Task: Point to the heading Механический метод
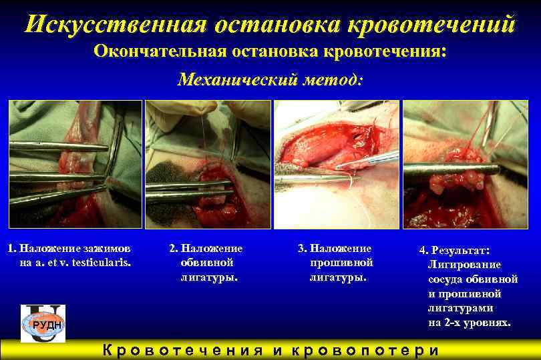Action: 270,80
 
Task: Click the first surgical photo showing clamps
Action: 75,164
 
